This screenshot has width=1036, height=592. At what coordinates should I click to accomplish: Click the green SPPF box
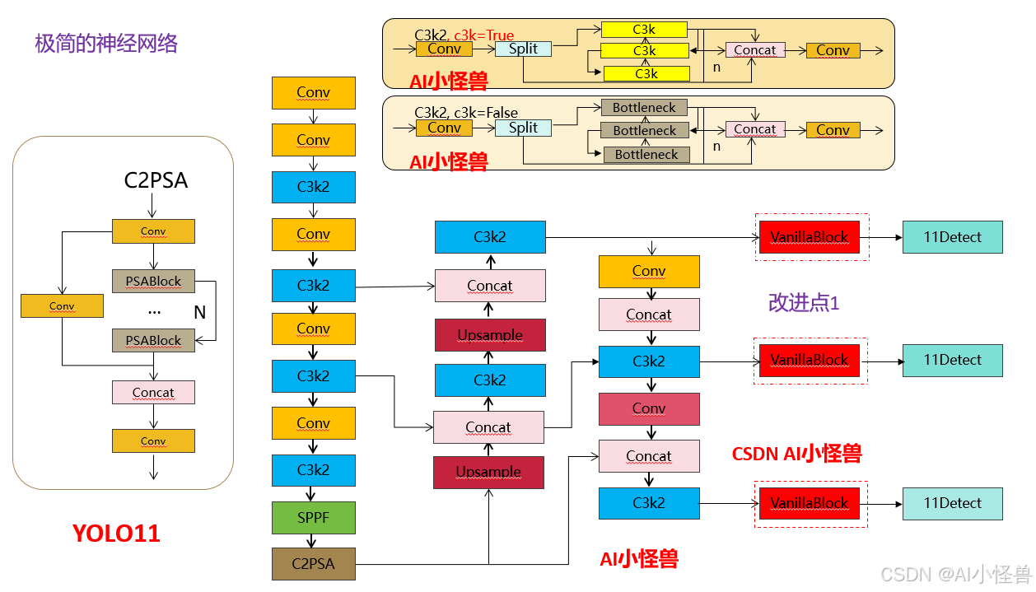[x=313, y=517]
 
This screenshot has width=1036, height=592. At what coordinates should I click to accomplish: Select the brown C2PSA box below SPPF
[x=313, y=564]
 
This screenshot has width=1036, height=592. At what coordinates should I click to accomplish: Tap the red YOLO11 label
[x=116, y=534]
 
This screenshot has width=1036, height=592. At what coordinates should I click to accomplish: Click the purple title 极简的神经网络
[x=106, y=43]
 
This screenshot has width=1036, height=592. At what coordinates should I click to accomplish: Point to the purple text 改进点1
[x=803, y=302]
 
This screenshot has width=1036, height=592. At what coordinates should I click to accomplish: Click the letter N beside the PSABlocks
[x=199, y=312]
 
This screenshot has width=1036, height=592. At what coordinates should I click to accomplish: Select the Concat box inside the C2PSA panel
[x=153, y=392]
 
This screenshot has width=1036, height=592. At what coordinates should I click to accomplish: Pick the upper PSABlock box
[x=153, y=281]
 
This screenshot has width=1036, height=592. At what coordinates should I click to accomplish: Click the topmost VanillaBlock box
[x=809, y=237]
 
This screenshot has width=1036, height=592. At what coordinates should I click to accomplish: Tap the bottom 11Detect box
[x=952, y=503]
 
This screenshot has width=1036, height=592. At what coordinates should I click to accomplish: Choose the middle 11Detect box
[x=952, y=360]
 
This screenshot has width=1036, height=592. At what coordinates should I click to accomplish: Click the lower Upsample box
[x=488, y=472]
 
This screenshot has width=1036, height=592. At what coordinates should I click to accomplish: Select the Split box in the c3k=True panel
[x=523, y=49]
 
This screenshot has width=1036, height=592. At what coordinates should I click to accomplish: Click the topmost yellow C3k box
[x=644, y=30]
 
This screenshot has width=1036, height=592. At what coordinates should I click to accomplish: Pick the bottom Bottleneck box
[x=646, y=154]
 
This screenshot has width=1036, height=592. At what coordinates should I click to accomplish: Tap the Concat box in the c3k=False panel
[x=754, y=129]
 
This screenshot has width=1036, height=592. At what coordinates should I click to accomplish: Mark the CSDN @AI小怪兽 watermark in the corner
[x=955, y=574]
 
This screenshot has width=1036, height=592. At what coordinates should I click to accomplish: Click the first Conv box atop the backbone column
[x=313, y=93]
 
